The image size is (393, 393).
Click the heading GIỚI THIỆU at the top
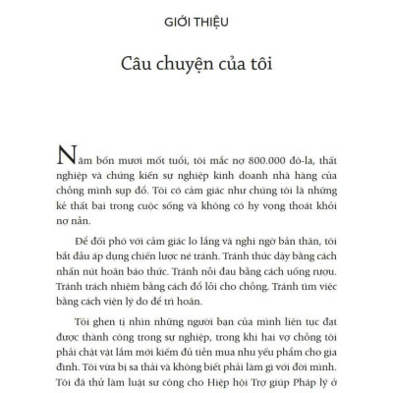[196, 24]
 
